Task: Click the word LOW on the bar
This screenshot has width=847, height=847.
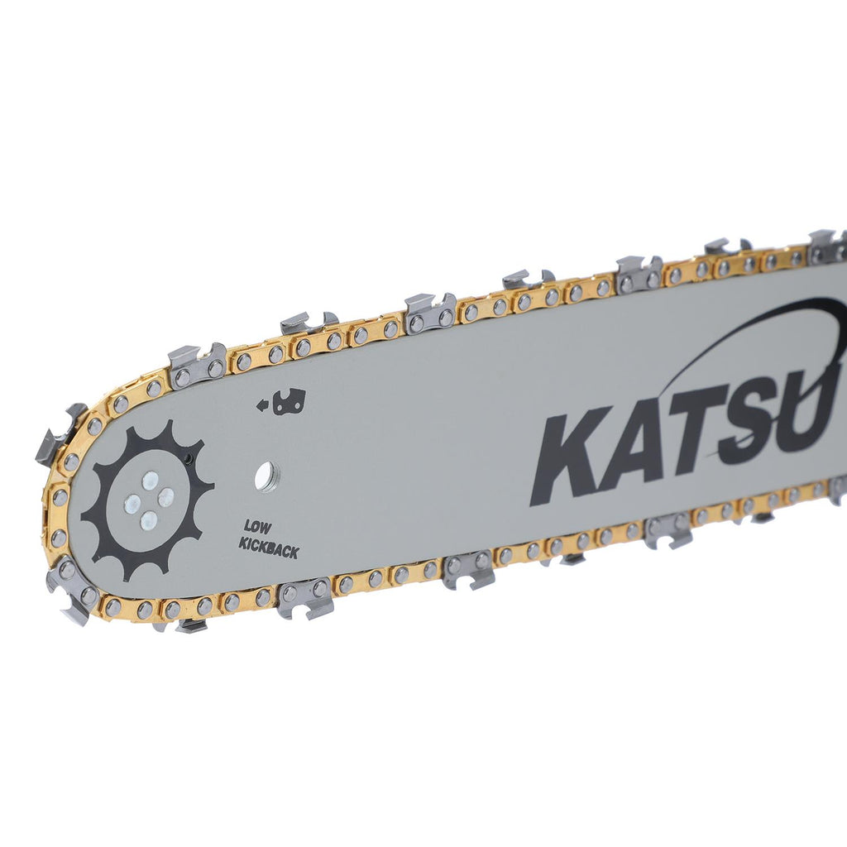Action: [258, 527]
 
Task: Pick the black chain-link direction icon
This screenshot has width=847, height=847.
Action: [289, 402]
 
